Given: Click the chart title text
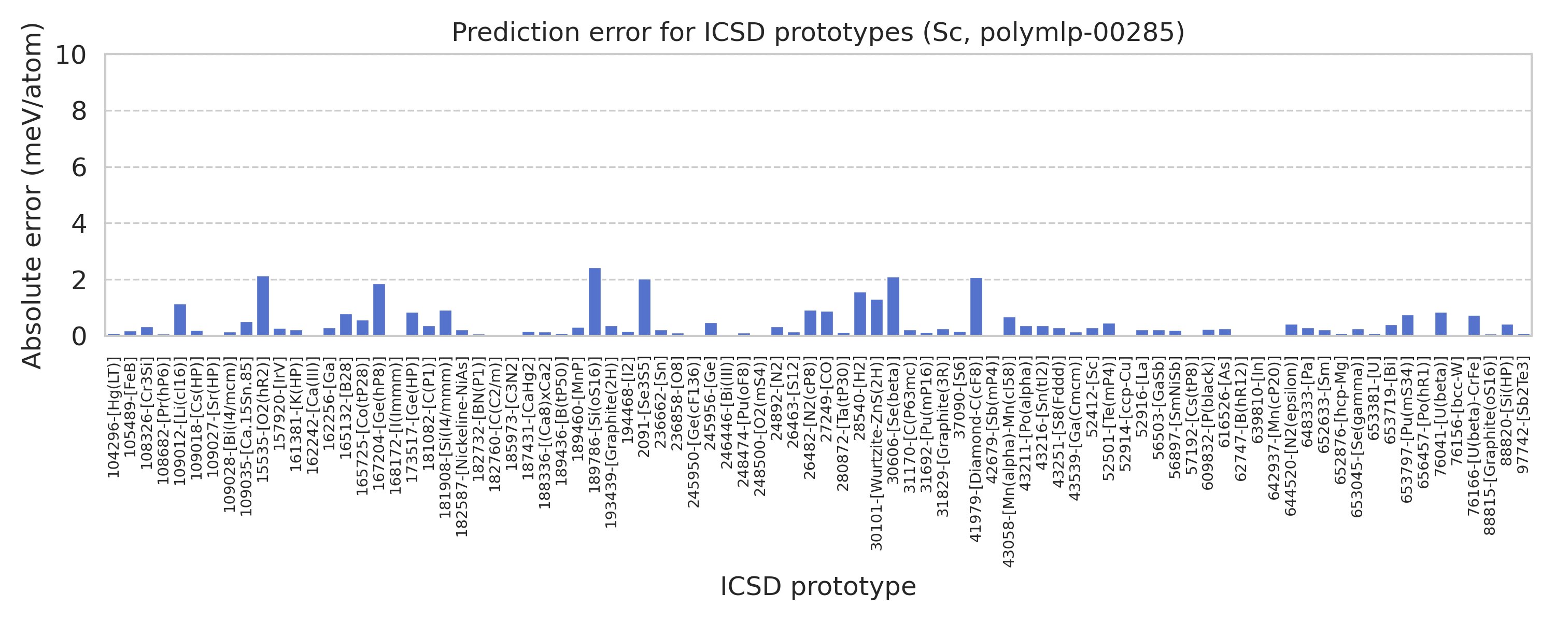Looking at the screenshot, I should [x=818, y=33].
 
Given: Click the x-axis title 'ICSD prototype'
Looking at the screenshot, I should [x=818, y=586].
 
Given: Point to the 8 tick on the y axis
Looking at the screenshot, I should [x=79, y=111].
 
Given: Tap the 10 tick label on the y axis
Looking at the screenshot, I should [x=71, y=55].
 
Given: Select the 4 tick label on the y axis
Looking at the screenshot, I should [x=79, y=224].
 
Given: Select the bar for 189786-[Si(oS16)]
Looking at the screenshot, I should [x=595, y=302].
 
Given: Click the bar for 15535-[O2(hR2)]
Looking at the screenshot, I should [x=263, y=306].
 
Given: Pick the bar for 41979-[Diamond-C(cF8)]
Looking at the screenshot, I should [x=976, y=307].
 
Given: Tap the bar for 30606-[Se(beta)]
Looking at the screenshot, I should [x=894, y=307].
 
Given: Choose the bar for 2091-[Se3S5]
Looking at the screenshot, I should [x=645, y=307].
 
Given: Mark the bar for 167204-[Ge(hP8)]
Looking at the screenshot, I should [x=379, y=310].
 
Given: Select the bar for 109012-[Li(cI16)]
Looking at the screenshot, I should [x=180, y=320].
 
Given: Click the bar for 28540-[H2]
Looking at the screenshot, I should [x=860, y=314].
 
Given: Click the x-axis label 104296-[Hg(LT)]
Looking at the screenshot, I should [x=114, y=417].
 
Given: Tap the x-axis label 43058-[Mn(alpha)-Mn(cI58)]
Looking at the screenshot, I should [x=1009, y=462].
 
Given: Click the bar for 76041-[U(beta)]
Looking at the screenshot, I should [x=1441, y=324].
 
